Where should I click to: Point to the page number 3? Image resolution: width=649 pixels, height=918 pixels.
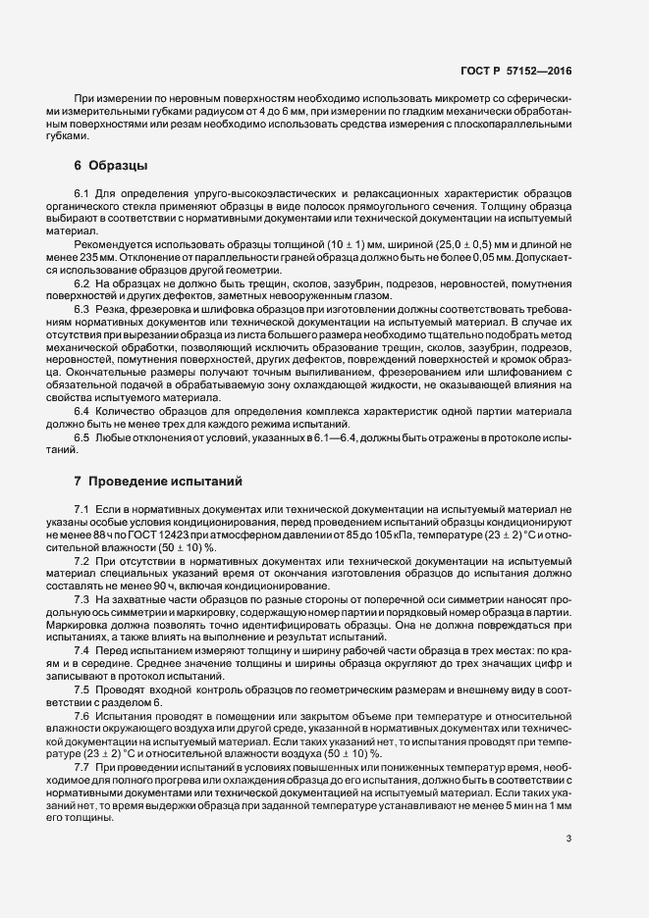click(569, 839)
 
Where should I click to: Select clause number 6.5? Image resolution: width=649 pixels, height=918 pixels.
click(82, 435)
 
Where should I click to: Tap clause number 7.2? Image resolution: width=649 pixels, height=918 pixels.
click(82, 558)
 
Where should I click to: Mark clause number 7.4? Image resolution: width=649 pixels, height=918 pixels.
click(82, 651)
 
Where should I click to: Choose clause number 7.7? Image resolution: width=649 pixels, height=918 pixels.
click(82, 764)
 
